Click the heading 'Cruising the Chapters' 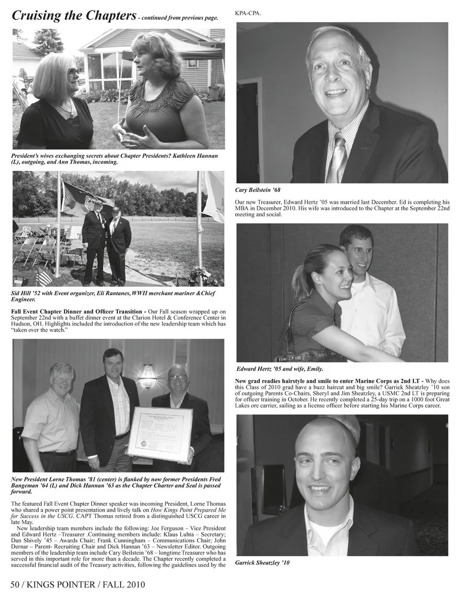tap(73, 15)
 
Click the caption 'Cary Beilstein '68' tap(258, 190)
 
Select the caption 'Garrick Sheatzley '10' tap(263, 563)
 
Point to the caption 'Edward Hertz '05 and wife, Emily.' tap(280, 369)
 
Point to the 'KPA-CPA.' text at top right tap(248, 13)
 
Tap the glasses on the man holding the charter tap(178, 377)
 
